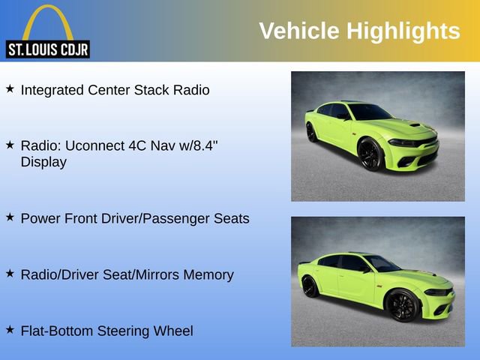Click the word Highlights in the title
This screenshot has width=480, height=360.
tap(403, 31)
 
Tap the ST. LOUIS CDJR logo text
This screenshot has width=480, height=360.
tap(47, 50)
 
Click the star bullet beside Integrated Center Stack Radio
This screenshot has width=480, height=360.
tap(10, 89)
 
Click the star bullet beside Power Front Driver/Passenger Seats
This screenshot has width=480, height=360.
tap(10, 217)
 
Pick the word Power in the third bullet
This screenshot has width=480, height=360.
tap(39, 218)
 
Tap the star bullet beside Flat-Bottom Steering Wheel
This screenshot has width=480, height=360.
tap(10, 330)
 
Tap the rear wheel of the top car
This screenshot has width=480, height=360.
tap(311, 132)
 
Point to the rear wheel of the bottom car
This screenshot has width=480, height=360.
tap(310, 286)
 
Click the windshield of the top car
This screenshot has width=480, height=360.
tap(370, 112)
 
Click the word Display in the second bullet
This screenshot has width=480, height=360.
tap(43, 161)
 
